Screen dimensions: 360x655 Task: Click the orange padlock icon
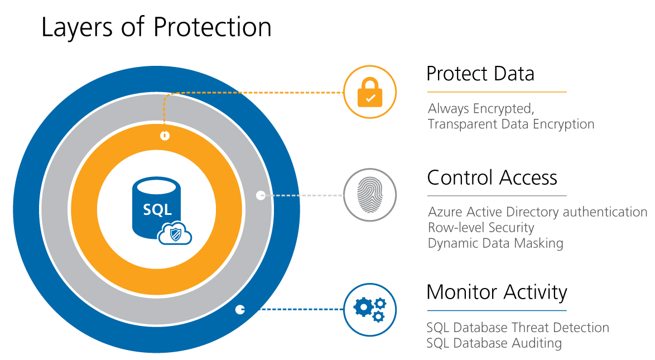369,92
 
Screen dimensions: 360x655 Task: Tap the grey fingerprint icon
369,195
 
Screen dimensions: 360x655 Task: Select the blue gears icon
369,309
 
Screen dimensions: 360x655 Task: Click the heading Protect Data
480,74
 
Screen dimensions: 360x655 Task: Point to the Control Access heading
492,177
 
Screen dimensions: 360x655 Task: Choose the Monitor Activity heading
497,292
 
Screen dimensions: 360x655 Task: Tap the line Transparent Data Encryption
510,124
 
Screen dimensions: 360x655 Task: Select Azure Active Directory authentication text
537,212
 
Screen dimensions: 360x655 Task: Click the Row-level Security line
481,228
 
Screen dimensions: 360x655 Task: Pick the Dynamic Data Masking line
495,243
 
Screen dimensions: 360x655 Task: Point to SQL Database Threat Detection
518,328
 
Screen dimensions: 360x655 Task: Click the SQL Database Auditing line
494,343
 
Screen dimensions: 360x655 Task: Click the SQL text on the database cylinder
157,210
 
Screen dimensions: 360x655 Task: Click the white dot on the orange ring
165,136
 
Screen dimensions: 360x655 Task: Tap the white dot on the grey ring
260,195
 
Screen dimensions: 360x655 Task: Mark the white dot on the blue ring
240,309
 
